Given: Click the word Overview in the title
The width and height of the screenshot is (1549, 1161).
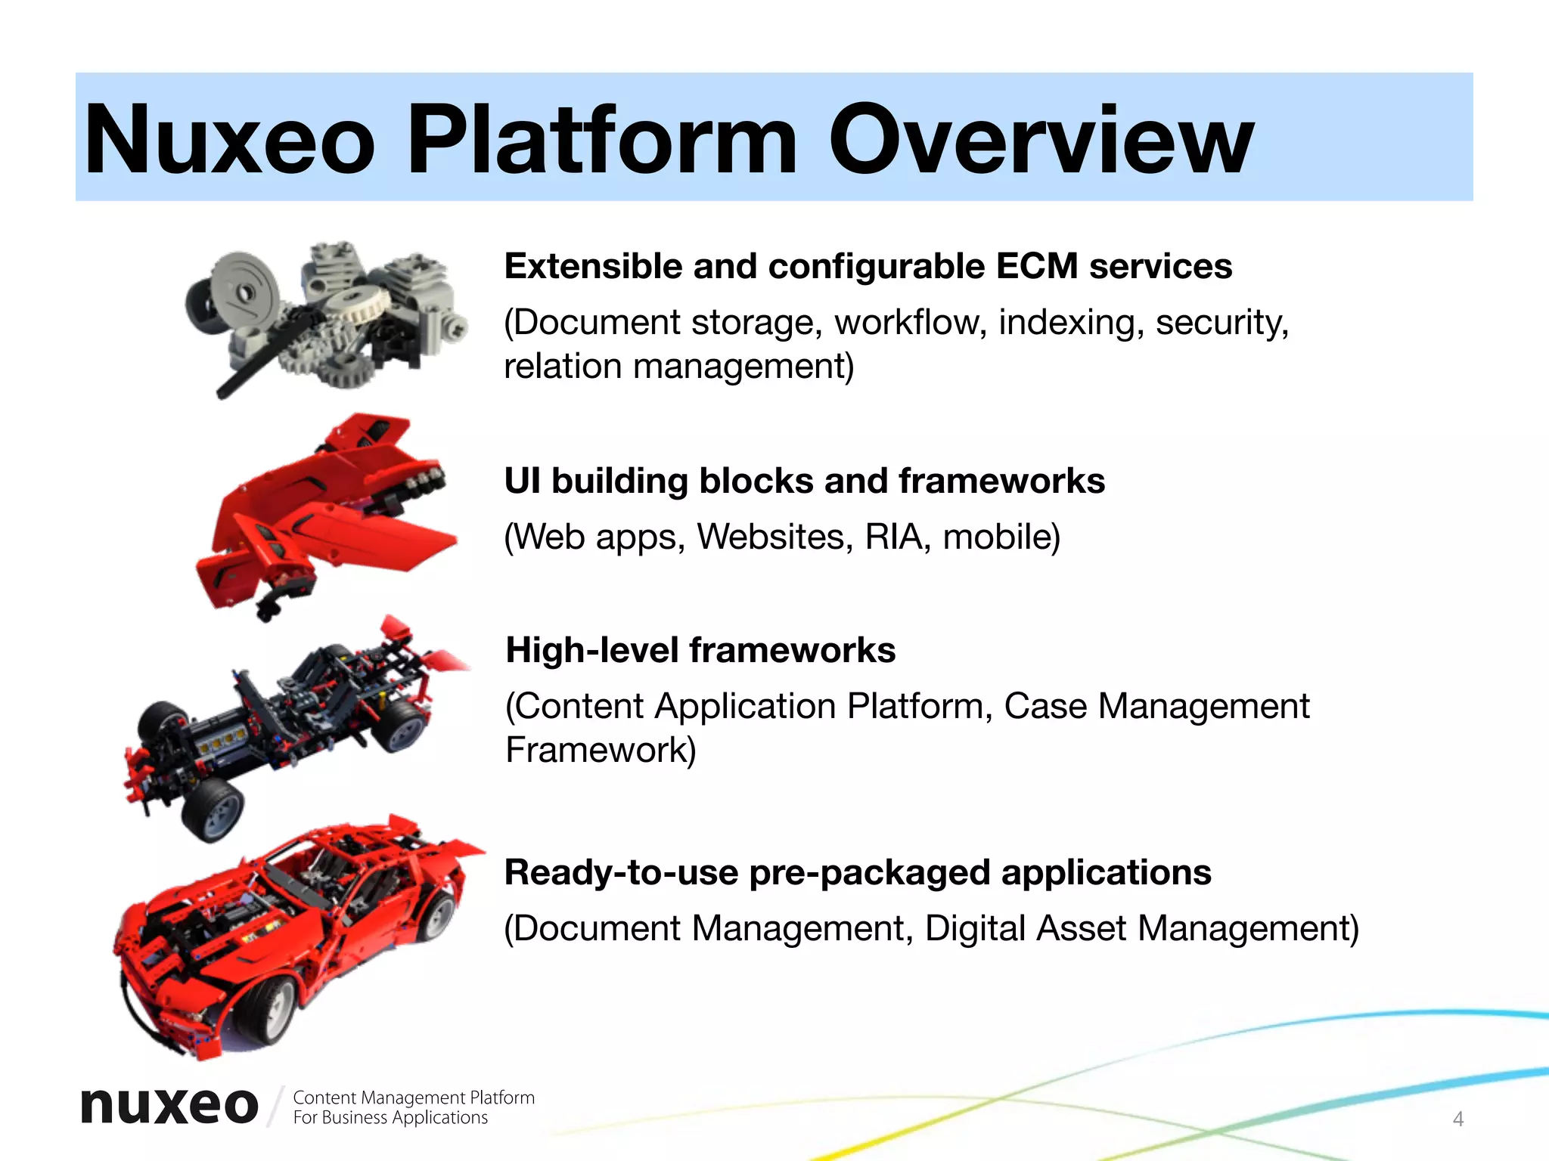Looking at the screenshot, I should click(x=1041, y=140).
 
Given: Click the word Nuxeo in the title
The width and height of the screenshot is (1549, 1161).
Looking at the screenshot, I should click(x=230, y=140).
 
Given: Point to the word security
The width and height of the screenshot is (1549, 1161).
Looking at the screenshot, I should click(x=1222, y=323).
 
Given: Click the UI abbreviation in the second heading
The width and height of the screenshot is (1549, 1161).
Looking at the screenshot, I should click(x=522, y=481).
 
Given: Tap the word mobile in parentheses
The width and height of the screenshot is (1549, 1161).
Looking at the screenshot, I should click(x=1001, y=537).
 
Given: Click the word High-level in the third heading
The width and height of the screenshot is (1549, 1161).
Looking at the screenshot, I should click(x=591, y=650).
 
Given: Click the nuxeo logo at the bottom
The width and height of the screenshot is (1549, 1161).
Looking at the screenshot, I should click(x=169, y=1106).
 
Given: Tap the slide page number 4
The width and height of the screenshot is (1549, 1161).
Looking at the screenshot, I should click(x=1458, y=1119).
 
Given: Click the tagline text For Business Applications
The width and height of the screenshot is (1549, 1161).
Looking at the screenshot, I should click(x=390, y=1118).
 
